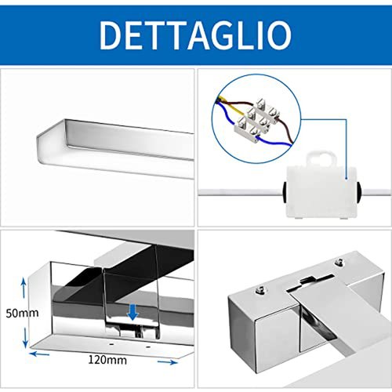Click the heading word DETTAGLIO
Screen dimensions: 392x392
[x=195, y=35]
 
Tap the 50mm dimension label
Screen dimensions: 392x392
[x=22, y=313]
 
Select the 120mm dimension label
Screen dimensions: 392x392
[x=107, y=360]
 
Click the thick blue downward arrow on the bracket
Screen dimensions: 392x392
[x=132, y=312]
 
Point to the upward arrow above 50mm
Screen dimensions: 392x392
[x=24, y=288]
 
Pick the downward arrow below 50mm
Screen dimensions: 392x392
[x=25, y=338]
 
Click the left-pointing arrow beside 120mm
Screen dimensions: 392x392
[x=39, y=354]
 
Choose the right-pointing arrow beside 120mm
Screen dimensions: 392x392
[x=167, y=362]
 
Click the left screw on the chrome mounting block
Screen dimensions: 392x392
[x=260, y=289]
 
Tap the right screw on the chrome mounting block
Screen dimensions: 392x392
[x=339, y=261]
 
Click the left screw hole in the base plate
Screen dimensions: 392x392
[x=111, y=344]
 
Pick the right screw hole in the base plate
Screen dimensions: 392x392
[x=148, y=347]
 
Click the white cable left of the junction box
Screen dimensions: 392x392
[x=241, y=192]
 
